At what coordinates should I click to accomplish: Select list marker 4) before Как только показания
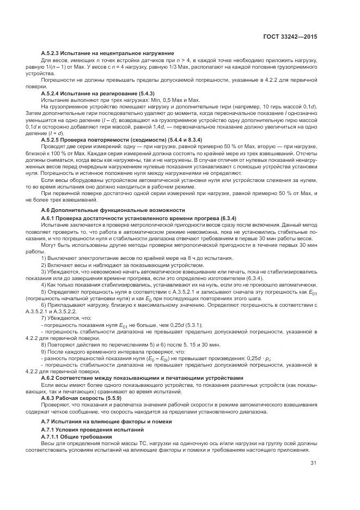click(x=44, y=285)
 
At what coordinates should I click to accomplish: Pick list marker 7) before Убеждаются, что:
click(x=44, y=317)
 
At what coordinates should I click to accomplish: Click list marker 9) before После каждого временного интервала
click(x=44, y=352)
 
